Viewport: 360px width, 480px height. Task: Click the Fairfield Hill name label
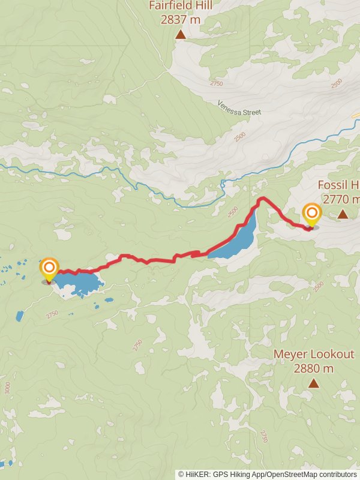tap(181, 7)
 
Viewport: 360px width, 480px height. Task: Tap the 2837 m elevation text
tap(181, 19)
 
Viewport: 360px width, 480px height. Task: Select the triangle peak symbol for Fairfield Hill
tap(181, 35)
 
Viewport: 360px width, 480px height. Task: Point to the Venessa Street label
tap(239, 108)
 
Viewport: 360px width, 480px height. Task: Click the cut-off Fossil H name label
tap(338, 184)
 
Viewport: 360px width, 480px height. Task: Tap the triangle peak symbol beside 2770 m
tap(343, 214)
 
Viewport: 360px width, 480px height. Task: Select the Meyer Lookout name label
tap(314, 354)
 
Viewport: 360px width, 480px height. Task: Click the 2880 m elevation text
tap(314, 368)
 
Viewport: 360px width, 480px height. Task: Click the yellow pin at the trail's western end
tap(49, 269)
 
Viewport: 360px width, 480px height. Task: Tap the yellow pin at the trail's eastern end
tap(311, 215)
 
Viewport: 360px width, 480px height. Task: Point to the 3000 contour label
tap(7, 388)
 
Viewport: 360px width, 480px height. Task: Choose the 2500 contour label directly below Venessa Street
tap(240, 137)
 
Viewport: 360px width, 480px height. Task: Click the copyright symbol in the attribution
tap(182, 474)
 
